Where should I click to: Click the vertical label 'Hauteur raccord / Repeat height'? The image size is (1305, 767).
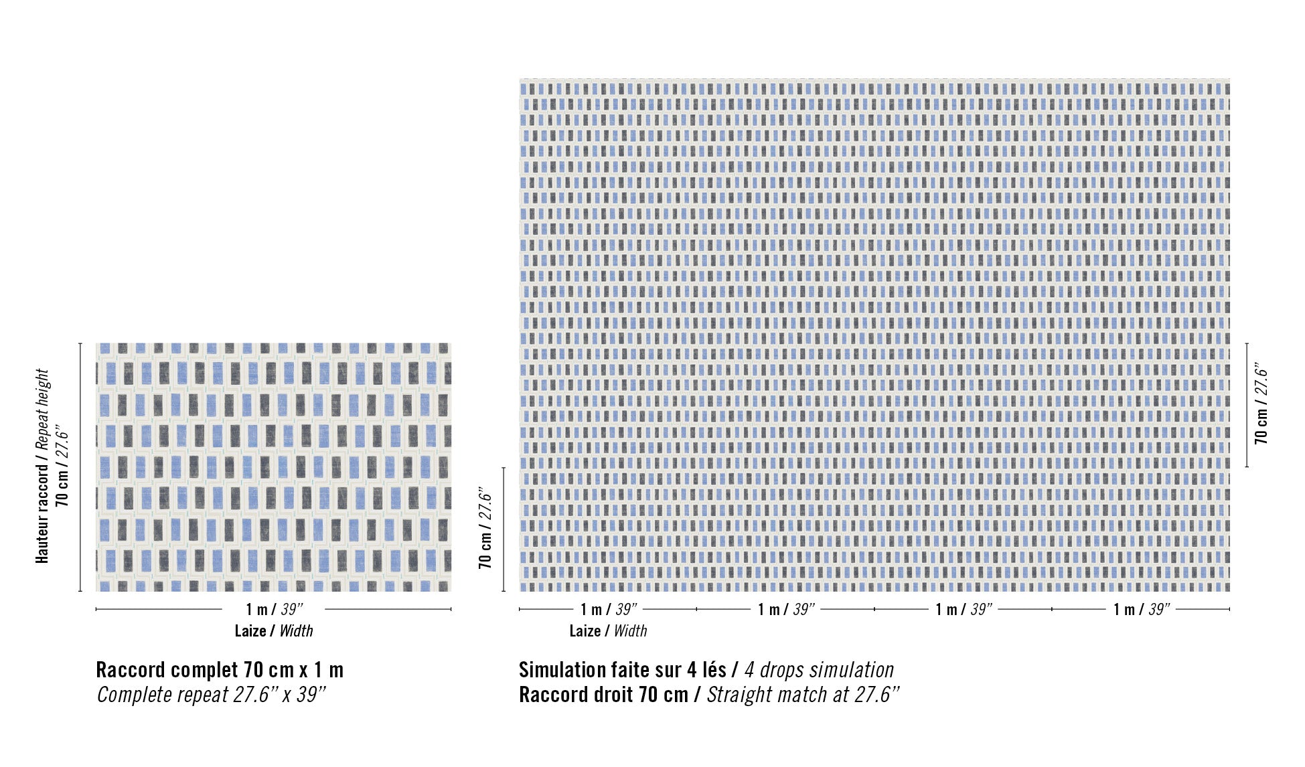click(x=42, y=466)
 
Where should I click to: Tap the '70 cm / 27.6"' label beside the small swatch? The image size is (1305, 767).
click(x=63, y=466)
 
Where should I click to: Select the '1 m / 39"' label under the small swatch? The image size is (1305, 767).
click(x=274, y=609)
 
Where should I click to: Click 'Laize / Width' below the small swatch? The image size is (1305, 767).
click(x=274, y=630)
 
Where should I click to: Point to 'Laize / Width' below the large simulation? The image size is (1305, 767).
click(x=608, y=630)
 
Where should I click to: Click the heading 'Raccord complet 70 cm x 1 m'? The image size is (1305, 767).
click(x=220, y=669)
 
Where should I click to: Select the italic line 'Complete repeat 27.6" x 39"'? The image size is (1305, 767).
click(x=211, y=695)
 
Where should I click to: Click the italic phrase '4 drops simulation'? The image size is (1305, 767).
click(x=819, y=669)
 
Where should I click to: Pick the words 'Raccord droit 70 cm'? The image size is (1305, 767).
click(x=603, y=695)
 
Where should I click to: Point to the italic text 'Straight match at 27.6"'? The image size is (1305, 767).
click(x=803, y=695)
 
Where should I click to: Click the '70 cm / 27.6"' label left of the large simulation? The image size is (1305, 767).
click(x=485, y=530)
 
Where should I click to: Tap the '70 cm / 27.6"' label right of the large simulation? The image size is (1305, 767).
click(x=1261, y=405)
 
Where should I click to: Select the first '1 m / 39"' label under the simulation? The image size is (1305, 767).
click(x=608, y=609)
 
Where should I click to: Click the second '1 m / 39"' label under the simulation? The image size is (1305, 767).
click(x=786, y=609)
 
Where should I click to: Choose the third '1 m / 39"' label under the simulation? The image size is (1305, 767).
click(x=964, y=609)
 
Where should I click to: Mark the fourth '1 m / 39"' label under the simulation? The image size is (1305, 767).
click(x=1142, y=609)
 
